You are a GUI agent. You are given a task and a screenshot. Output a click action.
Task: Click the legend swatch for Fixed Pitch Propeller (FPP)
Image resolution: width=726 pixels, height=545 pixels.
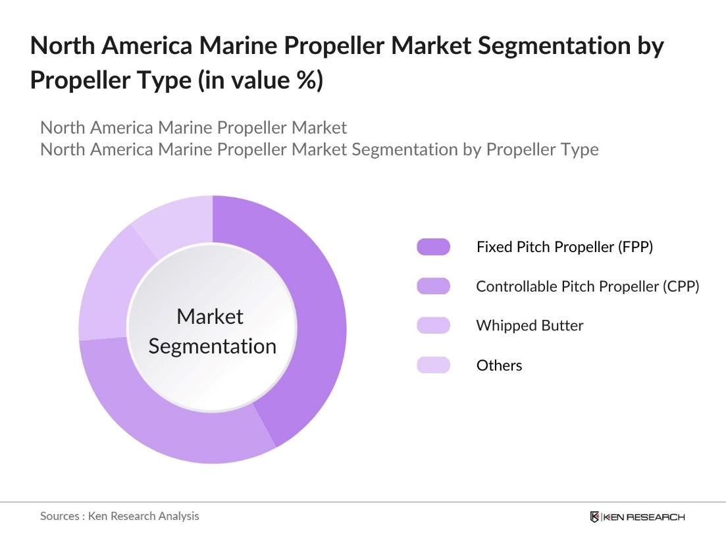click(433, 247)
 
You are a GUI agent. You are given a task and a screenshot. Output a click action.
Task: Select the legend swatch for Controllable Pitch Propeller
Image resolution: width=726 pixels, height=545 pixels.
click(433, 286)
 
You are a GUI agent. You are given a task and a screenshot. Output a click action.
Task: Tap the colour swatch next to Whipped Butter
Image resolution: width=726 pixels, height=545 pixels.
click(433, 325)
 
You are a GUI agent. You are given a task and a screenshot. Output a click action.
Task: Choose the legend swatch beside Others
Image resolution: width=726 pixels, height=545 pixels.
click(433, 365)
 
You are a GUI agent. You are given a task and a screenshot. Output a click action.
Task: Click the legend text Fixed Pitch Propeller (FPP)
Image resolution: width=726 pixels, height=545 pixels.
click(564, 247)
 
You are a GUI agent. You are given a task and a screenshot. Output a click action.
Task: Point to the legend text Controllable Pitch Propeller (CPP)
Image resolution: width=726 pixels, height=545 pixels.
click(587, 286)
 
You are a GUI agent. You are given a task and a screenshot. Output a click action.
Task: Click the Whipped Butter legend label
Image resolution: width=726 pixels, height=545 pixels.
click(529, 325)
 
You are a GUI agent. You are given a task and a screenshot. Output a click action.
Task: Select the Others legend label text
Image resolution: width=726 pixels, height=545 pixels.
click(499, 365)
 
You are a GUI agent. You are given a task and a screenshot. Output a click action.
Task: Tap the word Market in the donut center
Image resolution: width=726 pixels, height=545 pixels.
click(210, 317)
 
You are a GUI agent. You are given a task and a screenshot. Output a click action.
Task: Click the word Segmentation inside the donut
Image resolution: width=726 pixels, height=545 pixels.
click(212, 346)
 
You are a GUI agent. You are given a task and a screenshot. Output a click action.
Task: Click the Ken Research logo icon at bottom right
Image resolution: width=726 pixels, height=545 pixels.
click(595, 517)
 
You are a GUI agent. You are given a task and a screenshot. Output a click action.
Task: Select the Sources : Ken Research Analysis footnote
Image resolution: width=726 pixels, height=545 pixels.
click(119, 516)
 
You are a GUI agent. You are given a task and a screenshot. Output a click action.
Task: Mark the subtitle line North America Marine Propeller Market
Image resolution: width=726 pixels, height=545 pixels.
click(194, 127)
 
